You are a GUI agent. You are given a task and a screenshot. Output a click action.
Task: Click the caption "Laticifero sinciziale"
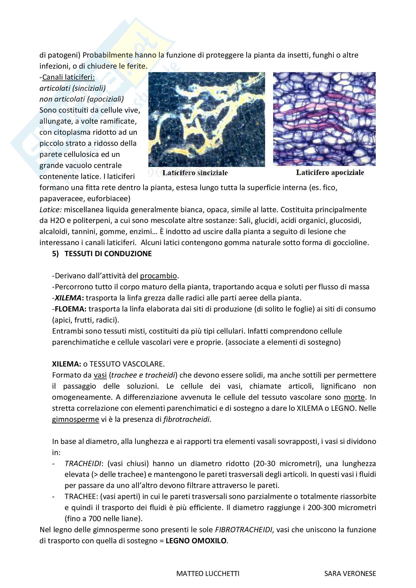pos(195,173)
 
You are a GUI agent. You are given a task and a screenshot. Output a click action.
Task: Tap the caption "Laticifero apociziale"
pos(330,172)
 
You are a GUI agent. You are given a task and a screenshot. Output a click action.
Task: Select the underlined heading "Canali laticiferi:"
pos(68,77)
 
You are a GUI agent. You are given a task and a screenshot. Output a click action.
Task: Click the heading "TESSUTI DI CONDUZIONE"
pos(108,254)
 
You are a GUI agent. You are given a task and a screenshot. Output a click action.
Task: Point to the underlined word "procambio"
pos(158,276)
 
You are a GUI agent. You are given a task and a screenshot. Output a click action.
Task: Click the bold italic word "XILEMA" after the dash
pos(68,298)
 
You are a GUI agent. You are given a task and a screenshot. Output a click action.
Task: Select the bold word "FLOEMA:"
pos(70,309)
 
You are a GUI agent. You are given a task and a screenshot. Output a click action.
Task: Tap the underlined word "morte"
pos(354,397)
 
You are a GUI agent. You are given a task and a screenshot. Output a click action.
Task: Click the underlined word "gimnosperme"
pos(75,419)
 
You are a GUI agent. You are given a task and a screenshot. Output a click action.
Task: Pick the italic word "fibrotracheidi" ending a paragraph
pos(186,419)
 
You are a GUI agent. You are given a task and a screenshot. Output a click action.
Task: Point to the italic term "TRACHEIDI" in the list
pos(83,464)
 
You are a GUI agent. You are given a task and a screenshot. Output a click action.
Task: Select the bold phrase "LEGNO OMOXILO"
pos(196,541)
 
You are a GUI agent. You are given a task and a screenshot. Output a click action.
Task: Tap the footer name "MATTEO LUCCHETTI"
pos(208,574)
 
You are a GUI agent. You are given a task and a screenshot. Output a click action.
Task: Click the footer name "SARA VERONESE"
pos(350,574)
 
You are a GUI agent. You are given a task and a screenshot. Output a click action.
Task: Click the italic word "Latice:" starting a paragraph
pos(51,210)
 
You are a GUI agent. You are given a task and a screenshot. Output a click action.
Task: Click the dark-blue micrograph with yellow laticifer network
pos(206,119)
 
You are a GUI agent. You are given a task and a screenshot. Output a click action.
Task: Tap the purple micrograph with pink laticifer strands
pos(324,119)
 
